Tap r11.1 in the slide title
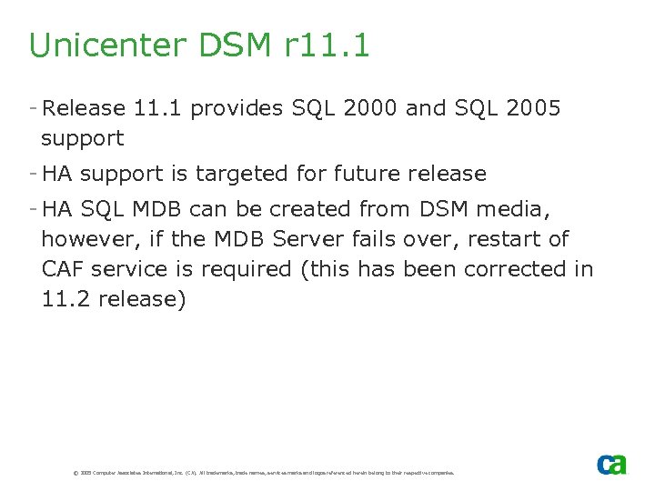321,45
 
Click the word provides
237,109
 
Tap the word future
368,174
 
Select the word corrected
514,269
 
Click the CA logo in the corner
611,464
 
